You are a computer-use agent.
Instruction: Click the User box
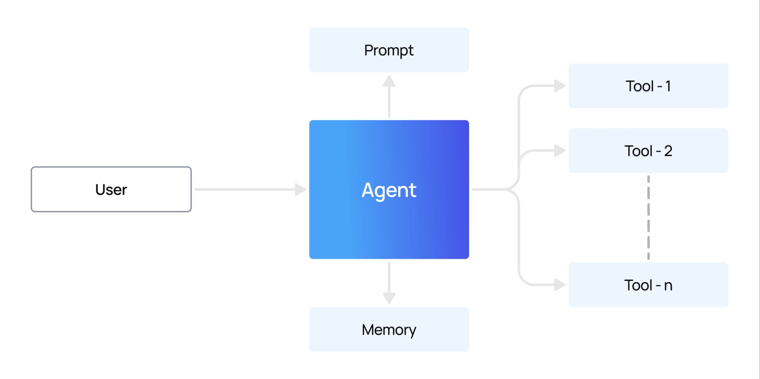(x=111, y=189)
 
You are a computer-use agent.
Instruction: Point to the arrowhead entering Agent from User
(x=300, y=189)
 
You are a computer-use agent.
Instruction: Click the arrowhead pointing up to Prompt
(x=389, y=81)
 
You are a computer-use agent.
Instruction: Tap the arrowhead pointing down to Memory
(x=389, y=298)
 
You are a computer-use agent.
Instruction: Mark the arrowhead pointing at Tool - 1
(x=560, y=86)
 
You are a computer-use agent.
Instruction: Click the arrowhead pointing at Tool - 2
(x=560, y=151)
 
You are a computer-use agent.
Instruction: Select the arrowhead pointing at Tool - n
(x=560, y=285)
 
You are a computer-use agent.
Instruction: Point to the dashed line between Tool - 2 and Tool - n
(x=648, y=218)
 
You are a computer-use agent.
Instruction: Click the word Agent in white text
(x=389, y=190)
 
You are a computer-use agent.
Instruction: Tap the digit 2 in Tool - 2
(x=668, y=151)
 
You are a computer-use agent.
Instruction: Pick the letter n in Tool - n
(x=668, y=286)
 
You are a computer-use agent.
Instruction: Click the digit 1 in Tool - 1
(x=668, y=86)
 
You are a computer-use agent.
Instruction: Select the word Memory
(x=389, y=330)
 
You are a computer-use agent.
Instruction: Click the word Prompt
(x=389, y=51)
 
